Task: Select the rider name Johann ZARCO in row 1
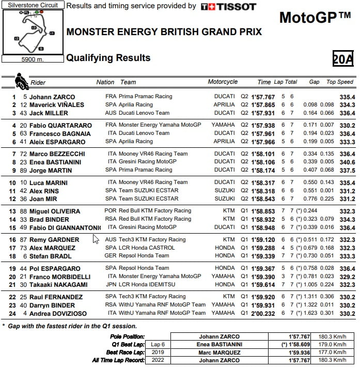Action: [x=52, y=97]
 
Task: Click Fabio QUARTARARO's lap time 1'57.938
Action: [x=262, y=125]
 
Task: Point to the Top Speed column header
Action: [x=339, y=82]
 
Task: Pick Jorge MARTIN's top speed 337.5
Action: [x=347, y=170]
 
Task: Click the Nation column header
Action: [x=105, y=82]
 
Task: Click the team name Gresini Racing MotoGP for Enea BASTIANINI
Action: [x=146, y=162]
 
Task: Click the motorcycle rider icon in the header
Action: [x=21, y=81]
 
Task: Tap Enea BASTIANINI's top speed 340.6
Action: [x=347, y=162]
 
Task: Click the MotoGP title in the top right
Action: [x=315, y=18]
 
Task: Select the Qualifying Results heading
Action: [x=108, y=58]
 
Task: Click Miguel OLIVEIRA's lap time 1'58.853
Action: [x=262, y=211]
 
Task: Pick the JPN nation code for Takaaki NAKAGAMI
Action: [x=111, y=284]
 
